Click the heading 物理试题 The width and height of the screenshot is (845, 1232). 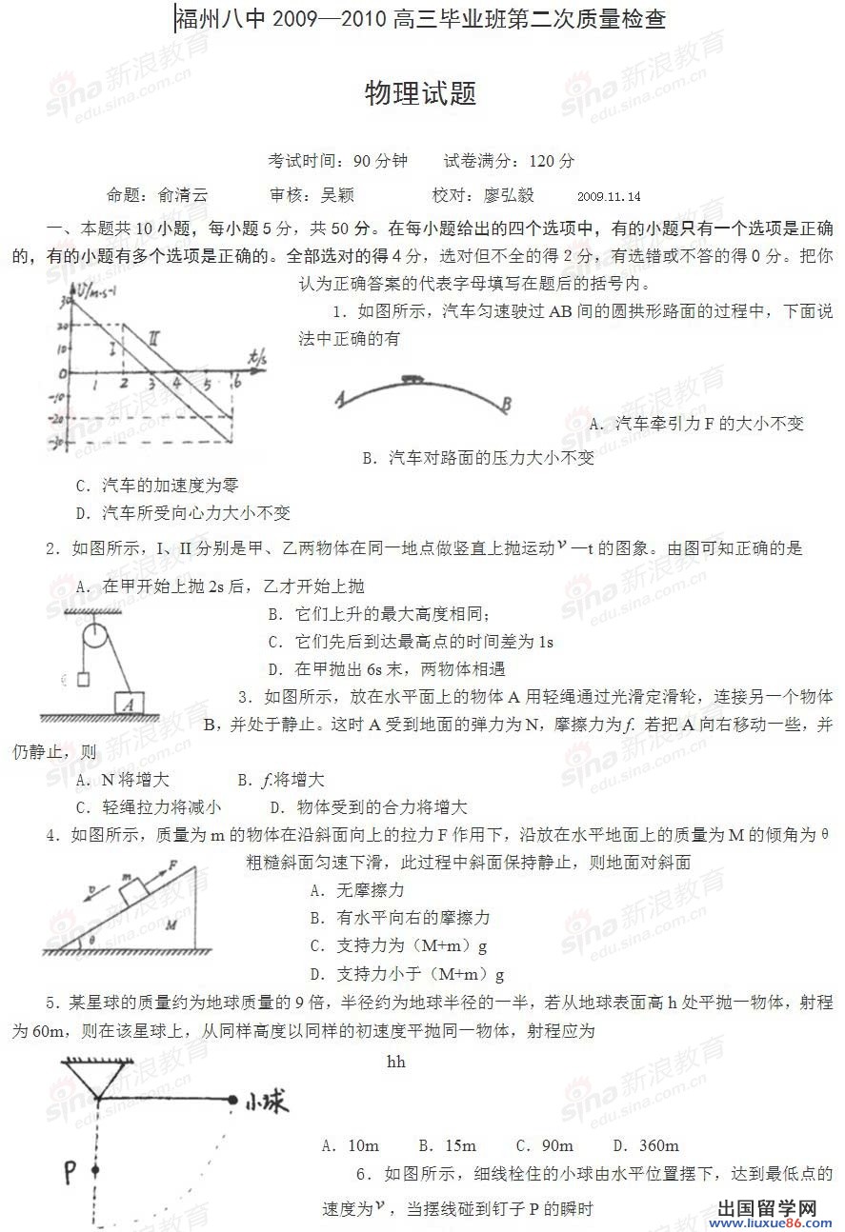pos(420,94)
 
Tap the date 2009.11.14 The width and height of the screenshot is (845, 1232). pos(609,197)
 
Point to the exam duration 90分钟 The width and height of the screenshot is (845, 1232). pos(379,161)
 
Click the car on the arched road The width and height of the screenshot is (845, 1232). pos(412,380)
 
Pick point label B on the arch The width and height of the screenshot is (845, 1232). pos(507,405)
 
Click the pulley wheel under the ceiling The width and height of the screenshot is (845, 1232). pos(95,636)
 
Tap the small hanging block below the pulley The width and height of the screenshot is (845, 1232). pos(82,679)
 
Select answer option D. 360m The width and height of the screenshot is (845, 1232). pos(646,1145)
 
